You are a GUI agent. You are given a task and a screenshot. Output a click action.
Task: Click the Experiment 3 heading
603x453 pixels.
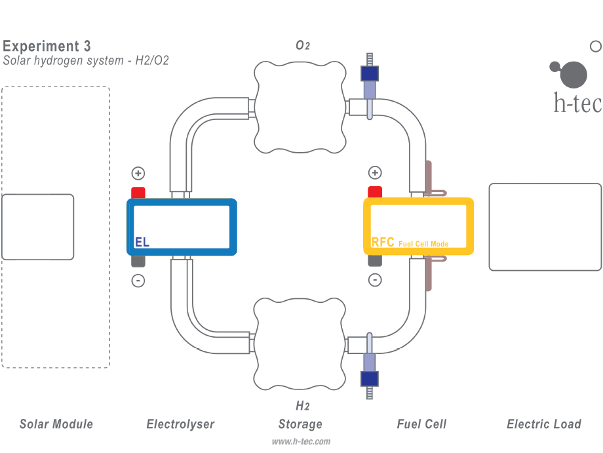[47, 46]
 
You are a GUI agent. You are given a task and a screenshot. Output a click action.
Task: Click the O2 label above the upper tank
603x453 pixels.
[302, 45]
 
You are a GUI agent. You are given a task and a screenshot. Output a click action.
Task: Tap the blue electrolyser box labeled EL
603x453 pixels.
[182, 226]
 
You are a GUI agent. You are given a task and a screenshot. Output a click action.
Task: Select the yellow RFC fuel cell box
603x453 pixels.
[419, 226]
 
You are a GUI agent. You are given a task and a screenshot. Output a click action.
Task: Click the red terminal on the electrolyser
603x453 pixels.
[138, 193]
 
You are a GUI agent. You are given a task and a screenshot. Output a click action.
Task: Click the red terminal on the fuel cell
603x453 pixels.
[375, 192]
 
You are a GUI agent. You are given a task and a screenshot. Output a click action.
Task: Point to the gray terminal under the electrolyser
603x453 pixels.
[138, 261]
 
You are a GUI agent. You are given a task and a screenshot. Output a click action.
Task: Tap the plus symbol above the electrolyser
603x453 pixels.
[138, 174]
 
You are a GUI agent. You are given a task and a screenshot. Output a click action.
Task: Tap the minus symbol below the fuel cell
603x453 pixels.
[375, 280]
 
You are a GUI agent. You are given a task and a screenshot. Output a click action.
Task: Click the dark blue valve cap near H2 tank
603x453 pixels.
[370, 378]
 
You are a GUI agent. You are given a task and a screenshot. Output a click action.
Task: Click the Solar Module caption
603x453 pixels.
[56, 424]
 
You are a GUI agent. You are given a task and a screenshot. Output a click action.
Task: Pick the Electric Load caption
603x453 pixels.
[544, 424]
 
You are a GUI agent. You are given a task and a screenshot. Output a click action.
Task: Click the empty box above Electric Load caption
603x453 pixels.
[545, 227]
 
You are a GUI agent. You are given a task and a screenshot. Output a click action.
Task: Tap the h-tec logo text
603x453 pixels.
[577, 103]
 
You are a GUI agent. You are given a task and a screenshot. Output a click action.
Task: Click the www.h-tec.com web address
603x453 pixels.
[301, 442]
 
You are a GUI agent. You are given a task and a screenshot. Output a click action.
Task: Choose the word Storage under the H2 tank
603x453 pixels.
[300, 424]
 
